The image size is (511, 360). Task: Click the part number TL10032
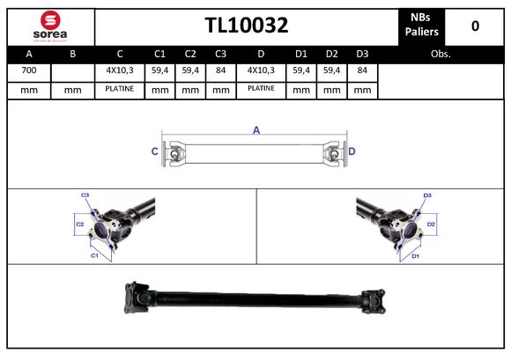pyautogui.click(x=247, y=26)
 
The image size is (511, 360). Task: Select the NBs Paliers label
pyautogui.click(x=420, y=26)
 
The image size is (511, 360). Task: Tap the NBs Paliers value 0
pyautogui.click(x=475, y=26)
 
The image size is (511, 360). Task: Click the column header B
pyautogui.click(x=73, y=55)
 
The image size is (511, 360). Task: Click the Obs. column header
pyautogui.click(x=441, y=55)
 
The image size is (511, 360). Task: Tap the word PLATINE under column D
pyautogui.click(x=262, y=88)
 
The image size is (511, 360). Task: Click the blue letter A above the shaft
pyautogui.click(x=256, y=130)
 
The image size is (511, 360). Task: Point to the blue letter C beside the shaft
pyautogui.click(x=155, y=151)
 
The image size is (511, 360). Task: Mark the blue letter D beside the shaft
pyautogui.click(x=352, y=151)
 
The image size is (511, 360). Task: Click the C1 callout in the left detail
pyautogui.click(x=94, y=254)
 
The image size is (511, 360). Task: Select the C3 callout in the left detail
pyautogui.click(x=85, y=195)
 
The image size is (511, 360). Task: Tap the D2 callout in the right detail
pyautogui.click(x=431, y=225)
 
